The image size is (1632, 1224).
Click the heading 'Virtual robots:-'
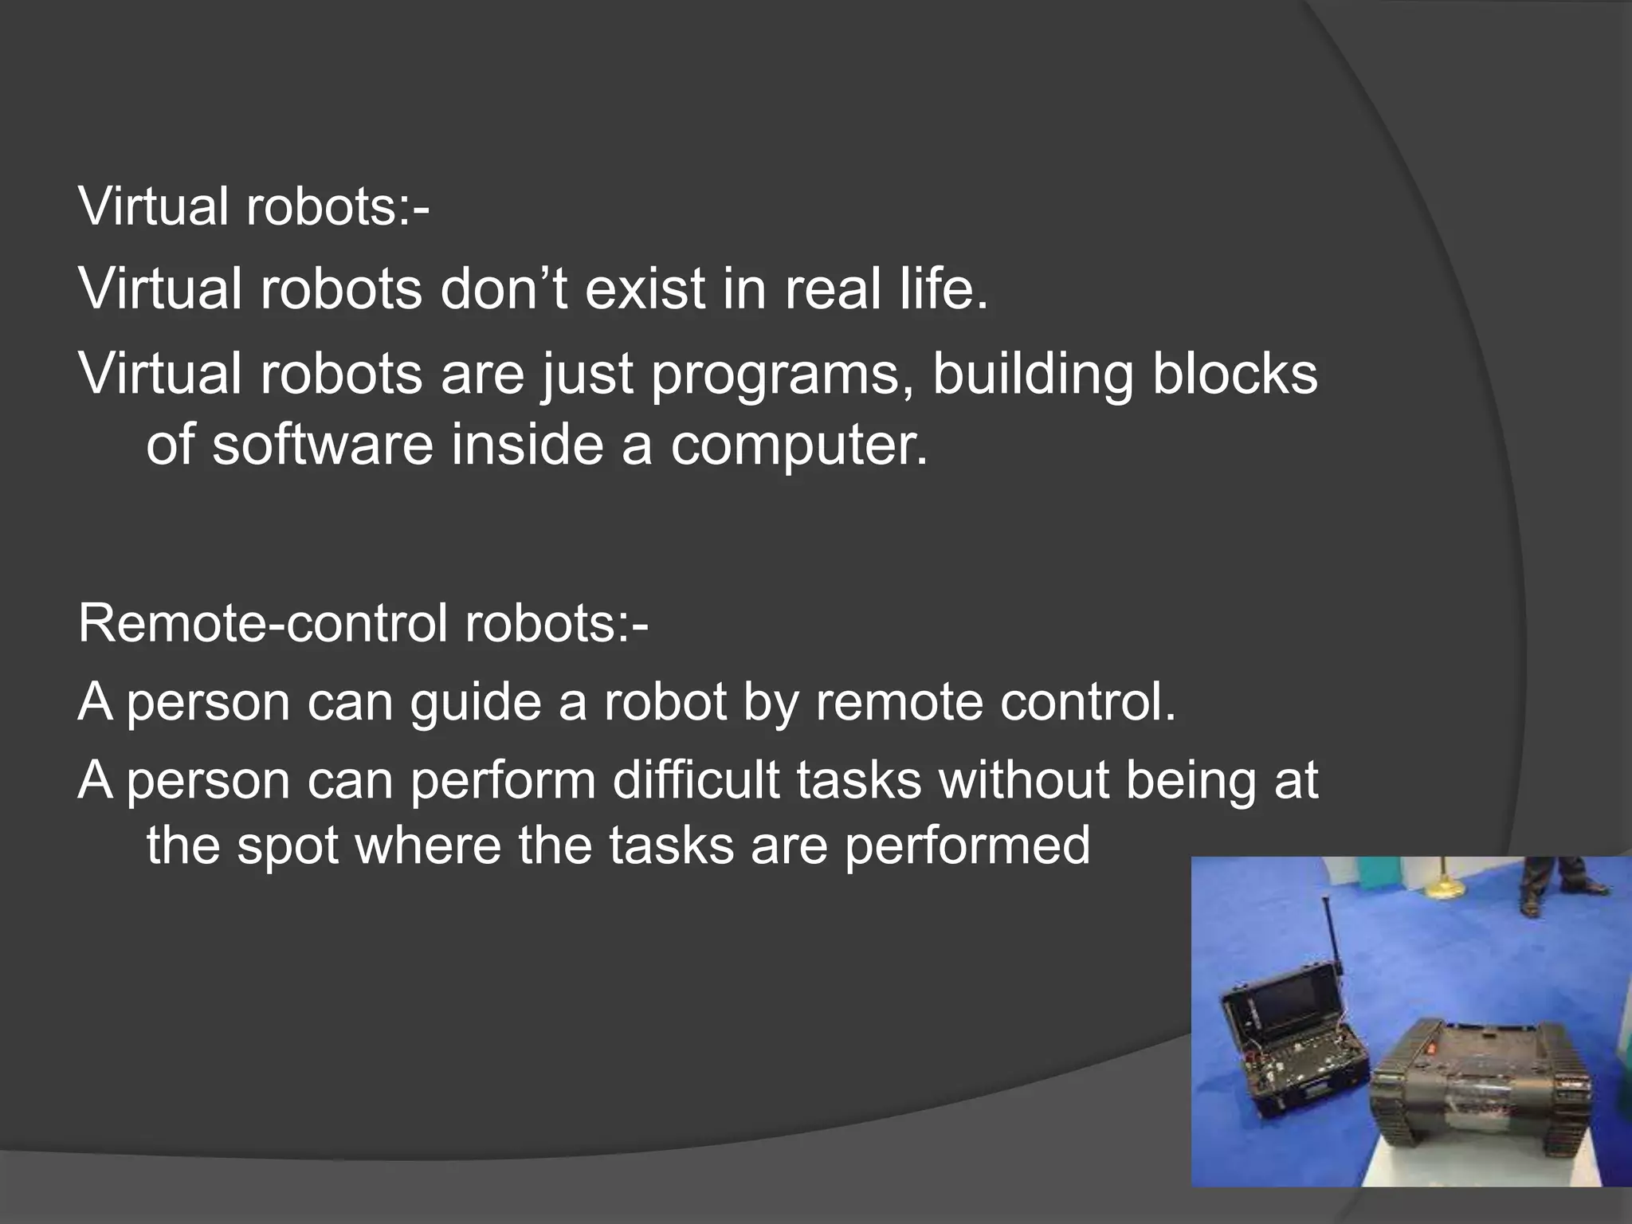[x=253, y=206]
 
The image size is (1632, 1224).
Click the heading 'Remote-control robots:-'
[x=363, y=623]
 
